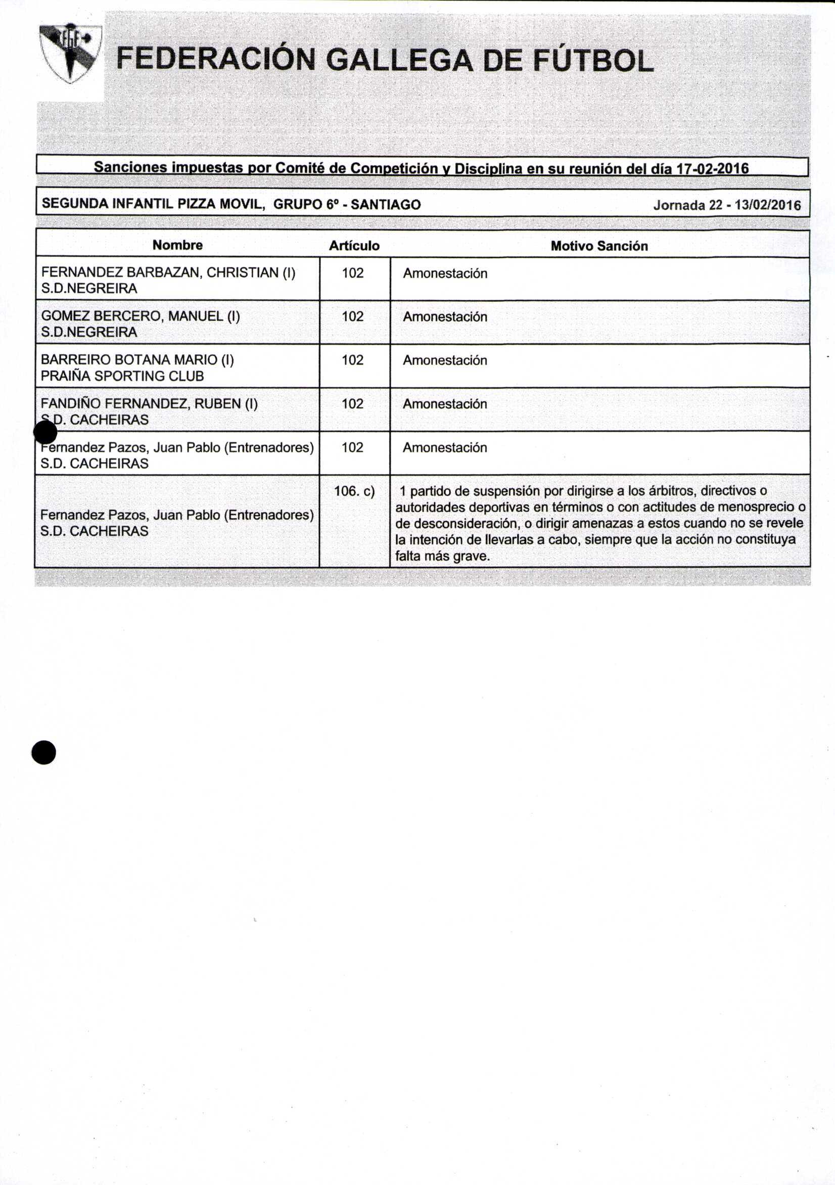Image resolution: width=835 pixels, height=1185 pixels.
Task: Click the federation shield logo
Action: point(71,53)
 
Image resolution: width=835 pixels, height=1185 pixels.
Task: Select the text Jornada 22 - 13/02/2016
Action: point(727,205)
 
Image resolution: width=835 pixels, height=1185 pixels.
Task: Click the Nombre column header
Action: point(177,245)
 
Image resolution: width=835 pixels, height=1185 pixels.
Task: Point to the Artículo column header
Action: point(354,246)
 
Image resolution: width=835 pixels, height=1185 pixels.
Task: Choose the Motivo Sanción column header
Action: point(598,246)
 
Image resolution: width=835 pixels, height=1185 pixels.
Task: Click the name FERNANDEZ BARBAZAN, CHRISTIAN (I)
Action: point(168,272)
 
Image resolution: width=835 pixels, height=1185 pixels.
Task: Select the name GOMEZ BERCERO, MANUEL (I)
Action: point(141,316)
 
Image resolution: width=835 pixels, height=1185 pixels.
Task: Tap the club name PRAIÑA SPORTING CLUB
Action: point(122,376)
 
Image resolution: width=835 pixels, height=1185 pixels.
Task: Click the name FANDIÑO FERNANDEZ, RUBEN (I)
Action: point(149,403)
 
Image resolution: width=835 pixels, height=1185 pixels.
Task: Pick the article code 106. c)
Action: point(354,491)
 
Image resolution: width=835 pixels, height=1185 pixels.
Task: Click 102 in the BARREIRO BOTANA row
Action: point(352,360)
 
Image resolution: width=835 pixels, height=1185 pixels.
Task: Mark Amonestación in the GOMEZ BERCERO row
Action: point(445,316)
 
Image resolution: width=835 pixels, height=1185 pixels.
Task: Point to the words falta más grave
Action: point(442,557)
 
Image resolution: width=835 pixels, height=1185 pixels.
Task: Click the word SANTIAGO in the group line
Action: point(386,205)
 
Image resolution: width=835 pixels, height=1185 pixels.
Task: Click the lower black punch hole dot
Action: point(44,752)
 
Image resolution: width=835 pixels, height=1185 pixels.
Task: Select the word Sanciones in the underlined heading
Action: point(130,167)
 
